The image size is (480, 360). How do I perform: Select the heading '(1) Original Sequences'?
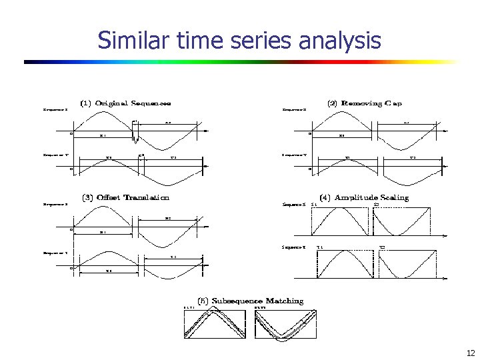125,103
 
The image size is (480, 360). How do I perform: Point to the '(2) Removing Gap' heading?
364,103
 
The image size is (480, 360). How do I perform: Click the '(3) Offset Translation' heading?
125,197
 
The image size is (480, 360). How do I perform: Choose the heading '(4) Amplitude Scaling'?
364,197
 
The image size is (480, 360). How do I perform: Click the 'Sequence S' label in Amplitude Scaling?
294,205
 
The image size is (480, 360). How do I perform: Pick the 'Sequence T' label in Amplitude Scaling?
294,247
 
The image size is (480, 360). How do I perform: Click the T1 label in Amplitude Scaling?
320,247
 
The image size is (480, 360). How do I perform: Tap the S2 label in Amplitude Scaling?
376,205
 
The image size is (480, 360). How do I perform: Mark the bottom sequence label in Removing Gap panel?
294,155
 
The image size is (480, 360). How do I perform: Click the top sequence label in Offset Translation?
55,204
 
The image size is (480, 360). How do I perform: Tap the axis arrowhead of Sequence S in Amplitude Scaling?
445,235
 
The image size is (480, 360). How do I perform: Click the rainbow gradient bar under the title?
240,62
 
